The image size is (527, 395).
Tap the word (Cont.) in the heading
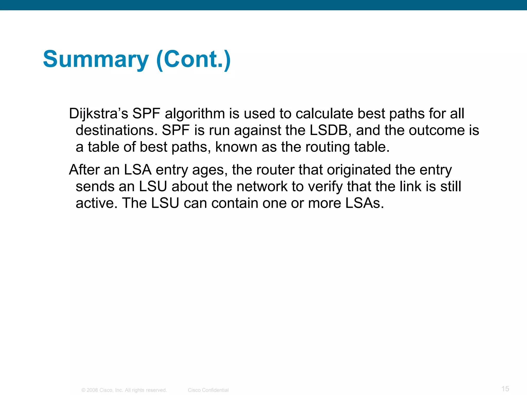coord(194,59)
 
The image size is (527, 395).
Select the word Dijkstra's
coord(99,114)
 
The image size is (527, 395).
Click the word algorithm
coord(195,114)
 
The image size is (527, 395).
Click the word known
coord(236,147)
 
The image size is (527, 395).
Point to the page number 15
coord(505,389)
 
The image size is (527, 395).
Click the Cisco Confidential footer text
coord(208,390)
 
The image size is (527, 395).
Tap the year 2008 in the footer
coord(92,390)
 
